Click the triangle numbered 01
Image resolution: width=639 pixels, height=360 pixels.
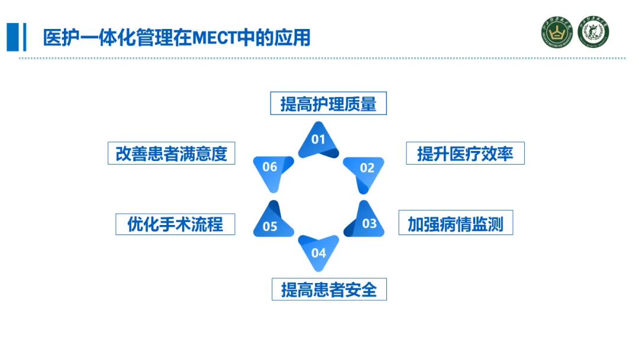tap(318, 141)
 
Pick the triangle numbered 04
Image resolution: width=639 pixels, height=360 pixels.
tap(318, 250)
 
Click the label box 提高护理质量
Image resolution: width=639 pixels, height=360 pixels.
tap(328, 103)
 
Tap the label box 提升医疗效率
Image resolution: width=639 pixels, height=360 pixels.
tap(465, 153)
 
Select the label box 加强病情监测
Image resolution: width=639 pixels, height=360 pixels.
tap(456, 223)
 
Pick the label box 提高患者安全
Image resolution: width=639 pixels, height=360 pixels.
tap(329, 290)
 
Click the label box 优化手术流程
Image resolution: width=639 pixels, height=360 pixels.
tap(175, 224)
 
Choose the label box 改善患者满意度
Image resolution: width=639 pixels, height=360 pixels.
tap(172, 153)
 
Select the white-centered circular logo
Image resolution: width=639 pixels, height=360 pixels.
tap(593, 31)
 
